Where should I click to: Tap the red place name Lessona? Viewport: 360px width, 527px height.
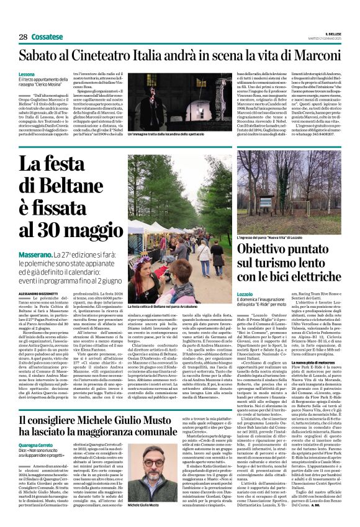27,74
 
